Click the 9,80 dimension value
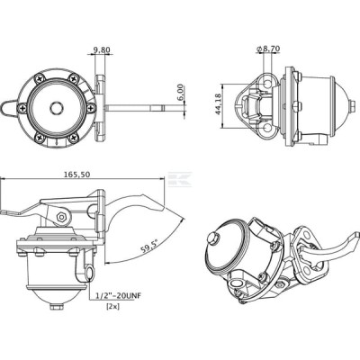(102, 49)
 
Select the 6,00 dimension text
(181, 94)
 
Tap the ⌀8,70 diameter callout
(268, 49)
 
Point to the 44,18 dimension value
(218, 103)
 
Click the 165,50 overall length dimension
(77, 174)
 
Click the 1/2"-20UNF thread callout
(118, 296)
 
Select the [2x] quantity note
(113, 307)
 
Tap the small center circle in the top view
(56, 108)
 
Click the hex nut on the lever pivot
(61, 217)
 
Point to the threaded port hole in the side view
(90, 273)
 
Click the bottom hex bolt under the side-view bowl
(56, 307)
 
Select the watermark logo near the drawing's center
(180, 179)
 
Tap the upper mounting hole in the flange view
(266, 84)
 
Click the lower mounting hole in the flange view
(266, 129)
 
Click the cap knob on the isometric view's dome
(212, 237)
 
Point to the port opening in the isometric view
(235, 283)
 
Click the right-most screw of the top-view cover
(91, 108)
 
